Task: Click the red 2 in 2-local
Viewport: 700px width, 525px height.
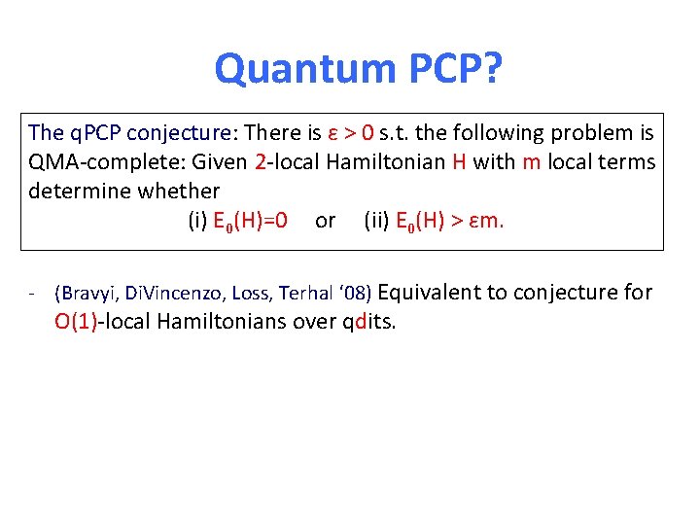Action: [260, 161]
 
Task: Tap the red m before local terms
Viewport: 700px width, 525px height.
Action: [531, 161]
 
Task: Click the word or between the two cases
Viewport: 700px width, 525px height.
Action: [325, 221]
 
